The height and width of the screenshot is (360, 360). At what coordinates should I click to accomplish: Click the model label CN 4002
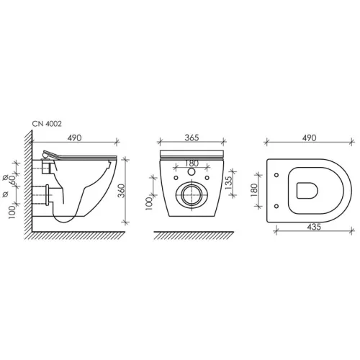(x=47, y=124)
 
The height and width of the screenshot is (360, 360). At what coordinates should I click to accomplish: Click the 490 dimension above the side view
(x=74, y=138)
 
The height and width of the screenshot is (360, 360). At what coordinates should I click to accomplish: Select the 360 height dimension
(x=122, y=191)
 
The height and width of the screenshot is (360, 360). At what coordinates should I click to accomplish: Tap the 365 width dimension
(x=192, y=138)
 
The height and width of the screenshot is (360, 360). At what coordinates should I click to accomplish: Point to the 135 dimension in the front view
(x=229, y=183)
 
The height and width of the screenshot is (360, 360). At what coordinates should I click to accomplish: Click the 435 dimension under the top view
(x=314, y=227)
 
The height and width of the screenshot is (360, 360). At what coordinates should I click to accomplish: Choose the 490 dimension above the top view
(x=309, y=138)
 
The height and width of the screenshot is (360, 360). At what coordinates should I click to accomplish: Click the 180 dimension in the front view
(x=192, y=163)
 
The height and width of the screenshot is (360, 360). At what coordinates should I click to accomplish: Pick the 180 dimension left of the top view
(x=254, y=190)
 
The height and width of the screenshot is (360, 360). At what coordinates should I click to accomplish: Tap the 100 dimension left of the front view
(x=149, y=204)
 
